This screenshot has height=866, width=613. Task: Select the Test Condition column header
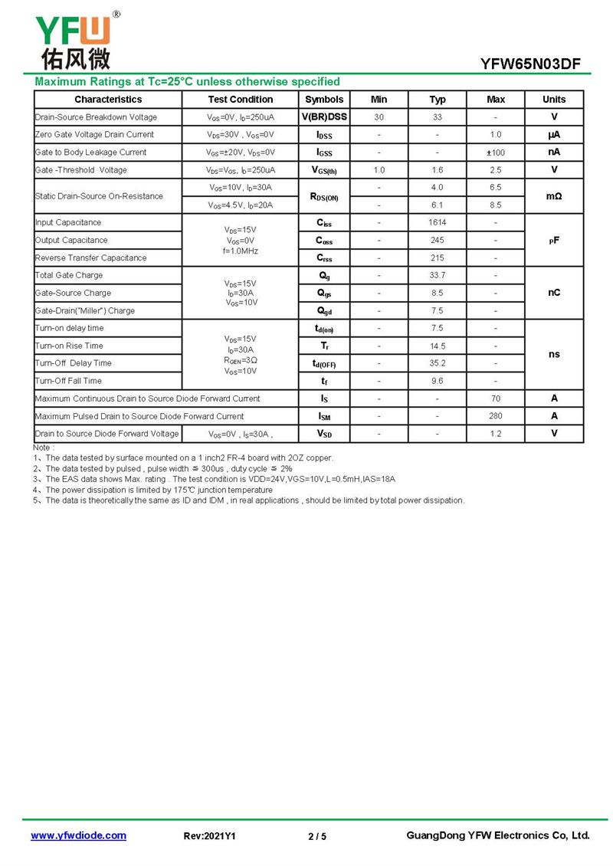coord(240,100)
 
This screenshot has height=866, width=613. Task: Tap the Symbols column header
coord(324,100)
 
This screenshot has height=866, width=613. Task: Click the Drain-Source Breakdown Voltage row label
coord(96,117)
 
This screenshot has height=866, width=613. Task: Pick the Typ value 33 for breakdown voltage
coord(438,117)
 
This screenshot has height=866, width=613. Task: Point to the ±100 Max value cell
coord(496,153)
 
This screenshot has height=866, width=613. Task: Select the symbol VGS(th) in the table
coord(324,170)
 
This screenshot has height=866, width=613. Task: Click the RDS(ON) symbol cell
coord(324,197)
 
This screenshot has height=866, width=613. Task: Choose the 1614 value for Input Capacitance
coord(438,222)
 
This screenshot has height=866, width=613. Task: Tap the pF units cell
coord(554,240)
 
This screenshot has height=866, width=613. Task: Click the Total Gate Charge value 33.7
coord(438,275)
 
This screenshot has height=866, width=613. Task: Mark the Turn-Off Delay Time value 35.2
coord(438,363)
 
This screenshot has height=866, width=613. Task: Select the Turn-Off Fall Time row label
coord(69,381)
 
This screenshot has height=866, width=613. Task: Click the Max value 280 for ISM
coord(496,416)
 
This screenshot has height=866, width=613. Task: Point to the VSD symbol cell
coord(324,434)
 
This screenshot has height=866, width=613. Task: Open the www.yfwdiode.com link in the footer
coord(78,835)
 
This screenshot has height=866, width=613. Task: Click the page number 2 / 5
coord(317,836)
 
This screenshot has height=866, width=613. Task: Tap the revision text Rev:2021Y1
coord(210,836)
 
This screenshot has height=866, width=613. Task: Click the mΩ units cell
coord(554,197)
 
